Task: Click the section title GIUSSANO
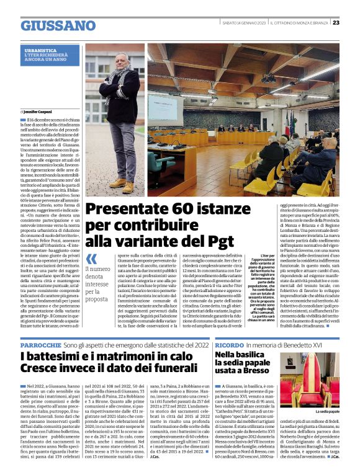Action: point(58,25)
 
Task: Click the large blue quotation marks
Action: point(91,259)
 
